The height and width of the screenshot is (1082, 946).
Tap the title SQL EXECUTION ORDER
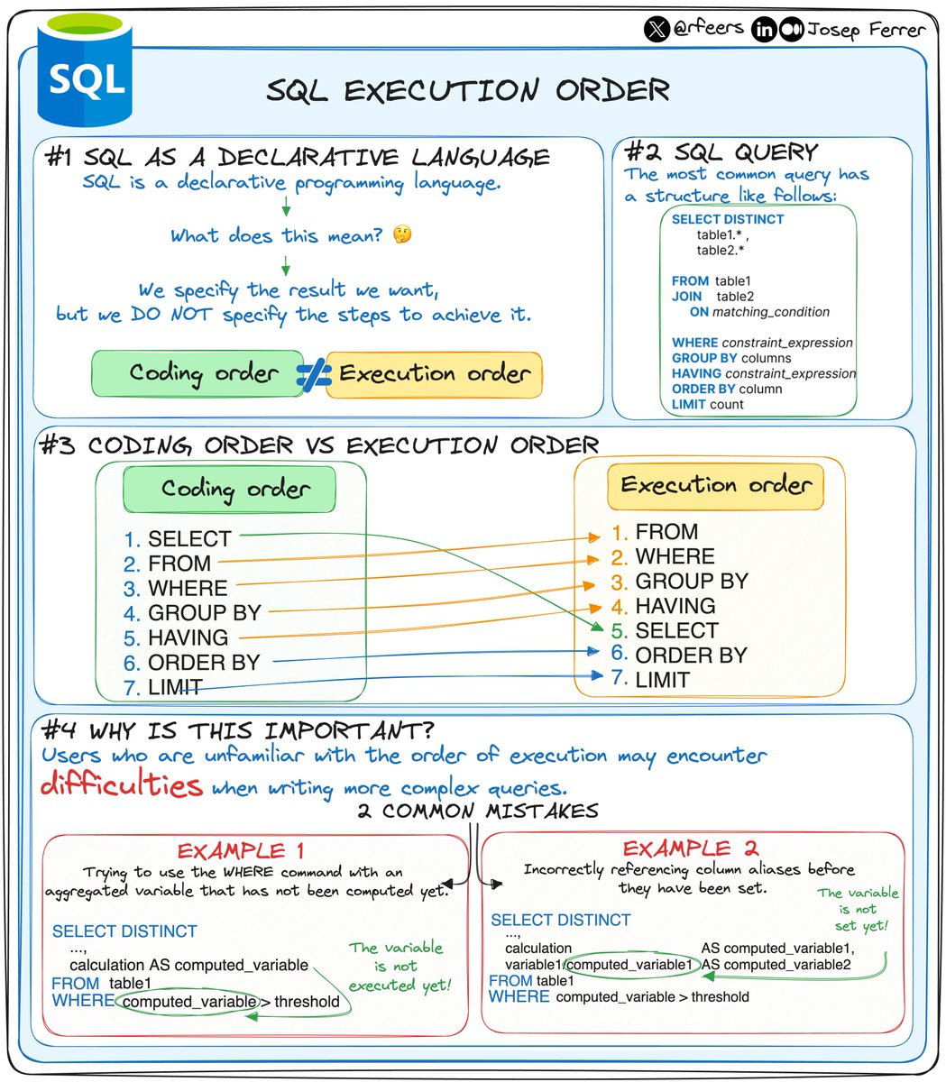[468, 90]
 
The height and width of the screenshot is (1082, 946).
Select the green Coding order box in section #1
[193, 373]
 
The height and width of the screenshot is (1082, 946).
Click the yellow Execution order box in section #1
[435, 373]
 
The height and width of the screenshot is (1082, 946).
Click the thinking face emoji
[402, 235]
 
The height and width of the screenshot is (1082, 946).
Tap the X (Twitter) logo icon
[657, 29]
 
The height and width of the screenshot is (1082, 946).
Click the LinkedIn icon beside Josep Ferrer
[765, 30]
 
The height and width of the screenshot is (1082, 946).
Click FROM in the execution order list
[666, 532]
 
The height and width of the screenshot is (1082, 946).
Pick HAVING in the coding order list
[188, 637]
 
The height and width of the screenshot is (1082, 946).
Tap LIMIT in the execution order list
[662, 680]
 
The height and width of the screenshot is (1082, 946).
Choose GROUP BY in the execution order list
[692, 582]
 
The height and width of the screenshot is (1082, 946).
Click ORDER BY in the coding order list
[204, 663]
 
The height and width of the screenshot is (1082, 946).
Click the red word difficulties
[122, 784]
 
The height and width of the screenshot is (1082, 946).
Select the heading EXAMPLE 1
[241, 850]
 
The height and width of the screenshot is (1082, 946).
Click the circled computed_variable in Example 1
[189, 1002]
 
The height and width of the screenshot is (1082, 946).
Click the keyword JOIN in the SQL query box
[686, 297]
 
